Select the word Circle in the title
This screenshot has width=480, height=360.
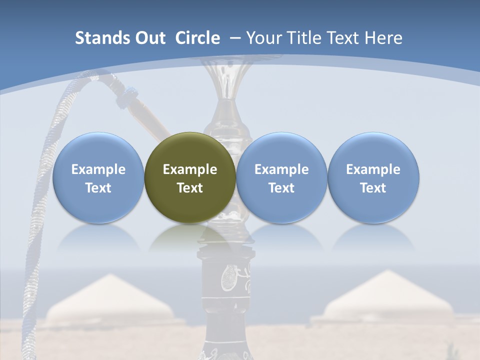pos(197,38)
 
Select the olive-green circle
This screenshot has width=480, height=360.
pos(190,177)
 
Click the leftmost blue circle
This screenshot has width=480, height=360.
pos(98,177)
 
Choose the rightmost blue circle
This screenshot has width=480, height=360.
pos(373,177)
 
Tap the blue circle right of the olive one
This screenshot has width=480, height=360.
pos(281,177)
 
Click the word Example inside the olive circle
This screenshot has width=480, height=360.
pos(190,169)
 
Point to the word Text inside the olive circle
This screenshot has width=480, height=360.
pos(190,188)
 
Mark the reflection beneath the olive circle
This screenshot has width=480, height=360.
pos(190,237)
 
